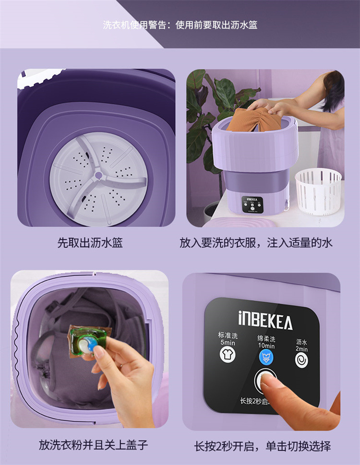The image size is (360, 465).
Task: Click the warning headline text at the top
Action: pyautogui.click(x=180, y=25)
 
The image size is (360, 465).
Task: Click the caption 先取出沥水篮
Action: pyautogui.click(x=90, y=243)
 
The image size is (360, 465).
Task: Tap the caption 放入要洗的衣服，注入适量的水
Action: pyautogui.click(x=256, y=243)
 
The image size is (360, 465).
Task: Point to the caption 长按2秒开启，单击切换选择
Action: pyautogui.click(x=262, y=446)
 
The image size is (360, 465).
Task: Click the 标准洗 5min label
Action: pyautogui.click(x=228, y=339)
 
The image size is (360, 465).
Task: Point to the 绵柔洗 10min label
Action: pyautogui.click(x=266, y=342)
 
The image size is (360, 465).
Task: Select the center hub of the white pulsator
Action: pyautogui.click(x=98, y=176)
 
